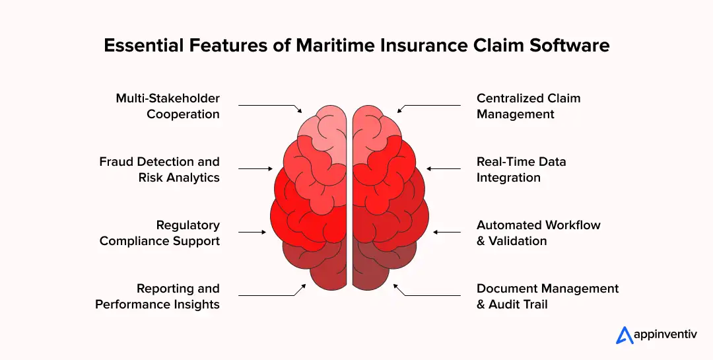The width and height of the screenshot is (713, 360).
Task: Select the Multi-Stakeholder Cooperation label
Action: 168,106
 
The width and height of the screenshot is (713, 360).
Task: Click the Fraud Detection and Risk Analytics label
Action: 159,170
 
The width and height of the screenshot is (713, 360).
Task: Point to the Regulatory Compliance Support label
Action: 160,233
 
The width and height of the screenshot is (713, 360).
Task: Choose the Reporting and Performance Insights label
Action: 158,297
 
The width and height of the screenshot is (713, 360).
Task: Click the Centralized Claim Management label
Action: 528,106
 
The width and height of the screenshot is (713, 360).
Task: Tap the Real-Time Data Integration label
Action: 521,170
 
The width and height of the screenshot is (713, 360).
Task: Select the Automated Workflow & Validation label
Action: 538,233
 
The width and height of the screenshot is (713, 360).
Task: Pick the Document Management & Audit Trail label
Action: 547,297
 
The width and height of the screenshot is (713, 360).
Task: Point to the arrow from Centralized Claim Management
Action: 430,106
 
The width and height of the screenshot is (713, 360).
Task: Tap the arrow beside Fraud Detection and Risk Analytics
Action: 255,168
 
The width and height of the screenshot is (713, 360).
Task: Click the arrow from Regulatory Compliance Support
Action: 252,232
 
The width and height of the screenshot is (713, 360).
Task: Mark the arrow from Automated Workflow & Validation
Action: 447,232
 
